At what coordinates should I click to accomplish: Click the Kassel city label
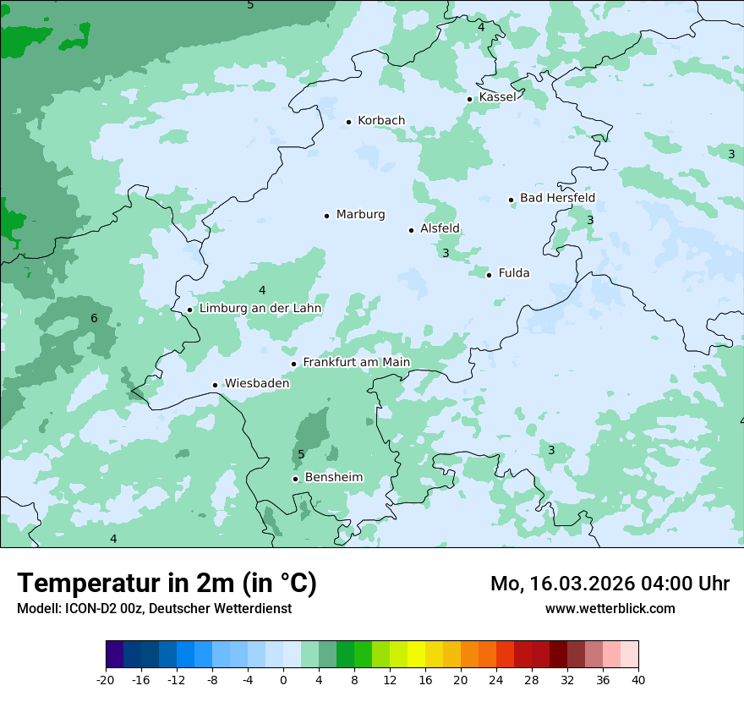(497, 97)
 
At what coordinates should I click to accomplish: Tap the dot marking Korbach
(348, 122)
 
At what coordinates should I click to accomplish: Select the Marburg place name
(360, 215)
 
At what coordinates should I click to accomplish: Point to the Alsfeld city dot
(411, 230)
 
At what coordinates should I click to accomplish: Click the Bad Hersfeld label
(557, 198)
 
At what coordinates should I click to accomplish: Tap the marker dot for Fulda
(489, 275)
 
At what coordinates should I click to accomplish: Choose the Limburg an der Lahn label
(260, 309)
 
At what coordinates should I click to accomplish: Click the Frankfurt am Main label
(356, 363)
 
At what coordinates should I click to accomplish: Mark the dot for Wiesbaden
(215, 386)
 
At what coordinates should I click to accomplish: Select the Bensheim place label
(333, 478)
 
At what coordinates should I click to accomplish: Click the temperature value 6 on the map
(94, 319)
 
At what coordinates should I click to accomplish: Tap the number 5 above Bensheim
(301, 455)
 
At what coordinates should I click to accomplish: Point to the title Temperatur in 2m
(167, 584)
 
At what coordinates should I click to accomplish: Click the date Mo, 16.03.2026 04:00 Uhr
(610, 584)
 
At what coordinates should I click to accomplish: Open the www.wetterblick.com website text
(610, 609)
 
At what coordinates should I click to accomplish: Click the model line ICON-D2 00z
(154, 609)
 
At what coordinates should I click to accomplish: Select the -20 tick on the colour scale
(106, 679)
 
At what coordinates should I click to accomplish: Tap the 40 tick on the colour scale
(637, 679)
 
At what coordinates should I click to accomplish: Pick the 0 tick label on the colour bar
(283, 679)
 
